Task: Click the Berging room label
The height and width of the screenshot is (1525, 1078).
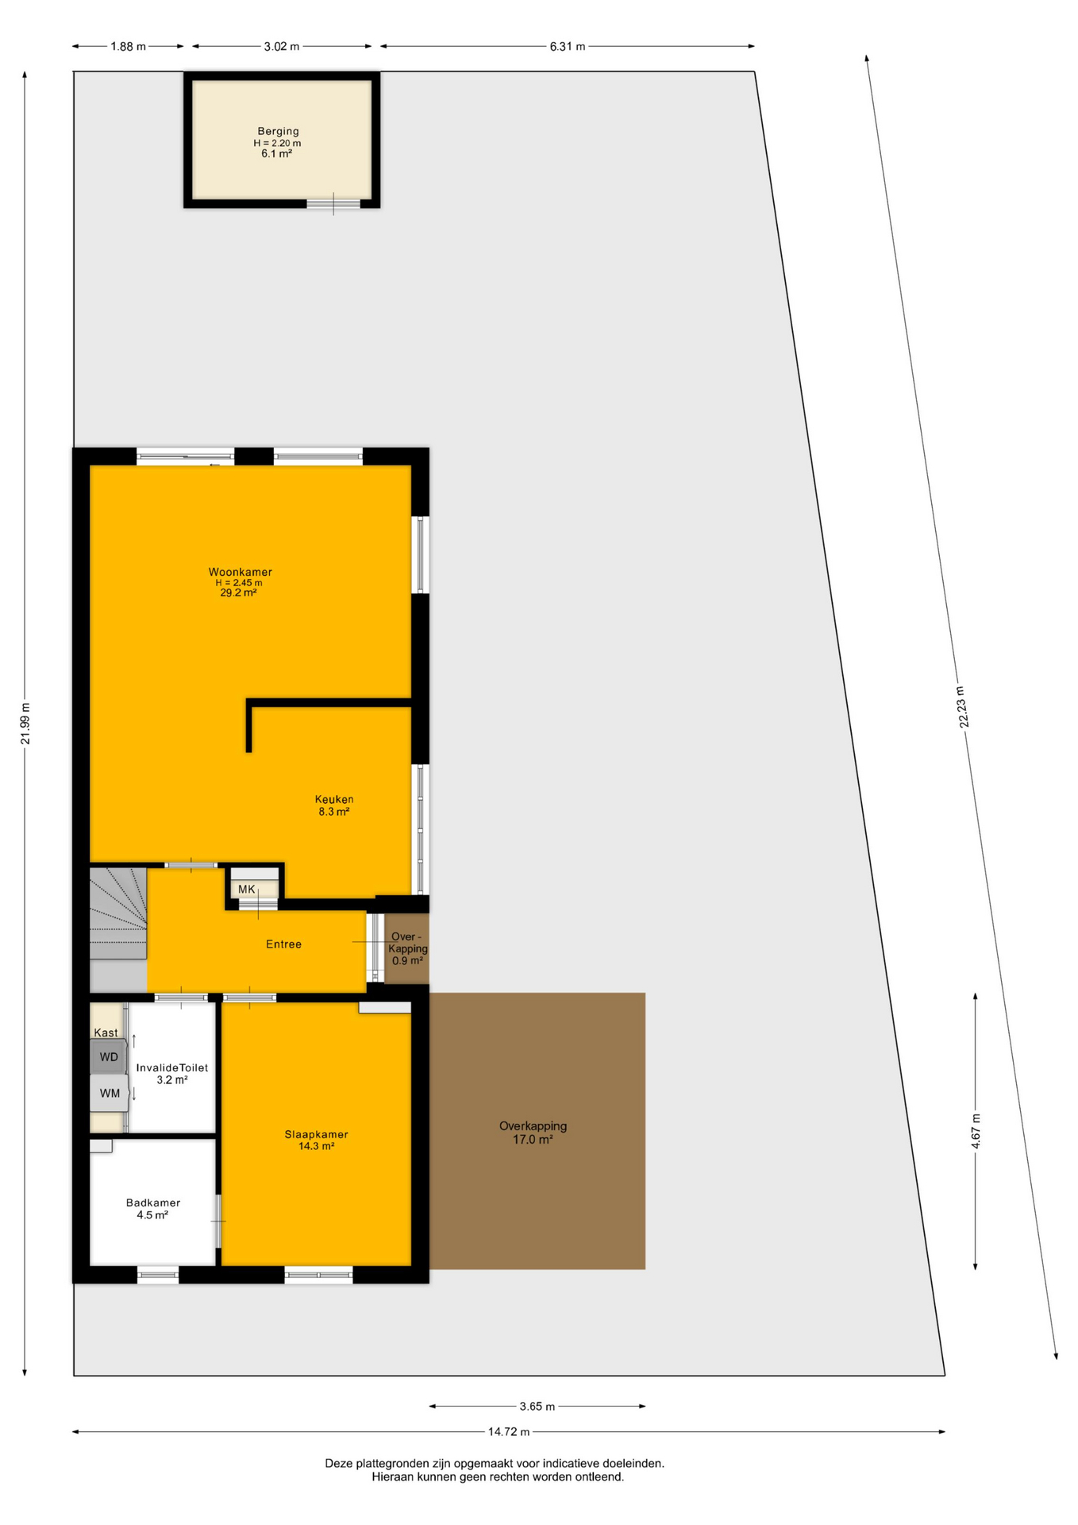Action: (x=278, y=131)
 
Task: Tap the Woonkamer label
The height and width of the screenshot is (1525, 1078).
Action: (x=241, y=572)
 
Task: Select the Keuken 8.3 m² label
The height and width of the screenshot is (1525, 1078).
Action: (x=334, y=805)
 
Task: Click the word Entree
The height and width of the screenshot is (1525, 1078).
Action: (x=283, y=944)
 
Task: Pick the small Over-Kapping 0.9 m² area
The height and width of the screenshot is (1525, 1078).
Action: (x=406, y=948)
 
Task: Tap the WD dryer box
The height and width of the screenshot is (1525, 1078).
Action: (x=109, y=1056)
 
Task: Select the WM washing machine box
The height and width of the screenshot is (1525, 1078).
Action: (x=110, y=1093)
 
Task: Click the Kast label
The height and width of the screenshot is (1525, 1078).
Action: (x=106, y=1033)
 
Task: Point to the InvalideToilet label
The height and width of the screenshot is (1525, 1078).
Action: (x=172, y=1067)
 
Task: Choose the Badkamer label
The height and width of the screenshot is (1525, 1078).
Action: (x=153, y=1203)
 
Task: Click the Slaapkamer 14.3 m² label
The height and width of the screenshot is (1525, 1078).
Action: (x=317, y=1141)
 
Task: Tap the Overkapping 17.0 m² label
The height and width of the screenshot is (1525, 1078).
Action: (x=533, y=1133)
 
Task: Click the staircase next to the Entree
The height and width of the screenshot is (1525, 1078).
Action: (x=117, y=913)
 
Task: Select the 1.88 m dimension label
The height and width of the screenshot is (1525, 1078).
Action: (x=128, y=47)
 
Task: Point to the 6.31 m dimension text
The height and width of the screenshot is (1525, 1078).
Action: (x=568, y=47)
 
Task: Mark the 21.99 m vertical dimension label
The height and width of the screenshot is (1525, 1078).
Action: (x=25, y=724)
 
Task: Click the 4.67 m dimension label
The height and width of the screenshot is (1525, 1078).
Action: (x=976, y=1129)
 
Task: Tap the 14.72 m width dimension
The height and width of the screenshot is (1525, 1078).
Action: (x=509, y=1432)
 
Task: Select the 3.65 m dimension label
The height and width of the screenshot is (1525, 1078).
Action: (x=537, y=1407)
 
